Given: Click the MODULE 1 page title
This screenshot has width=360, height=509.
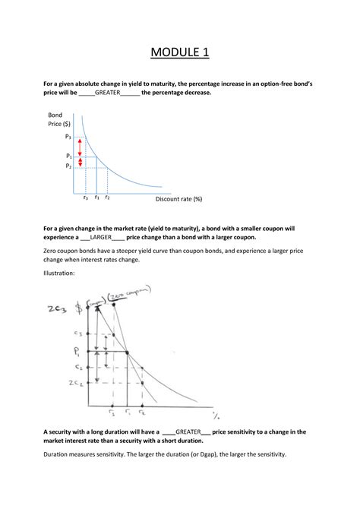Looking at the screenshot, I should click(179, 52).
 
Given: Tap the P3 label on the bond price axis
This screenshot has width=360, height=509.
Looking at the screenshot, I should click(68, 137).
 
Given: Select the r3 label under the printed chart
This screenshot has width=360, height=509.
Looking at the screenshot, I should click(85, 198).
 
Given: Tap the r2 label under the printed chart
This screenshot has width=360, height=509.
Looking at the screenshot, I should click(108, 198).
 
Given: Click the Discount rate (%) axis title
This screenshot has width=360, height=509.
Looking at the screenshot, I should click(178, 199).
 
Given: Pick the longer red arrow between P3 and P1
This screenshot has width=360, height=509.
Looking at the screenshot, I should click(80, 147).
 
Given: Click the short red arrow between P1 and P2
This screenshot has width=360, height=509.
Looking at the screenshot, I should click(80, 161).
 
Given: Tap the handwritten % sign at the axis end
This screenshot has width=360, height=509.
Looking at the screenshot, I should click(216, 415).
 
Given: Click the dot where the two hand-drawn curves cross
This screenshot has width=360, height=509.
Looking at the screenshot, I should click(126, 352).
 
